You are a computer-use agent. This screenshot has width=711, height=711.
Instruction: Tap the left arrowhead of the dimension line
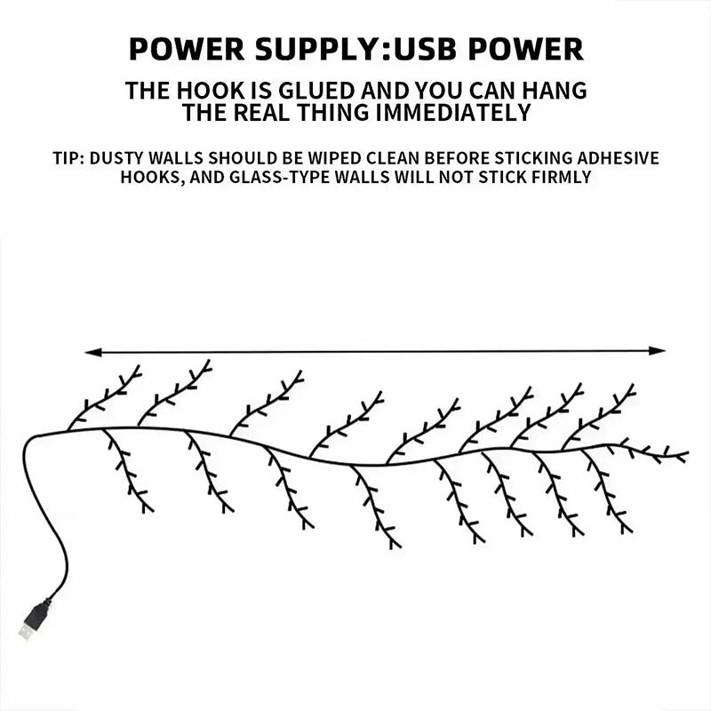[x=92, y=353]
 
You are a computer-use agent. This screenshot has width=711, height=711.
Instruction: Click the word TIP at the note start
[x=69, y=159]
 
